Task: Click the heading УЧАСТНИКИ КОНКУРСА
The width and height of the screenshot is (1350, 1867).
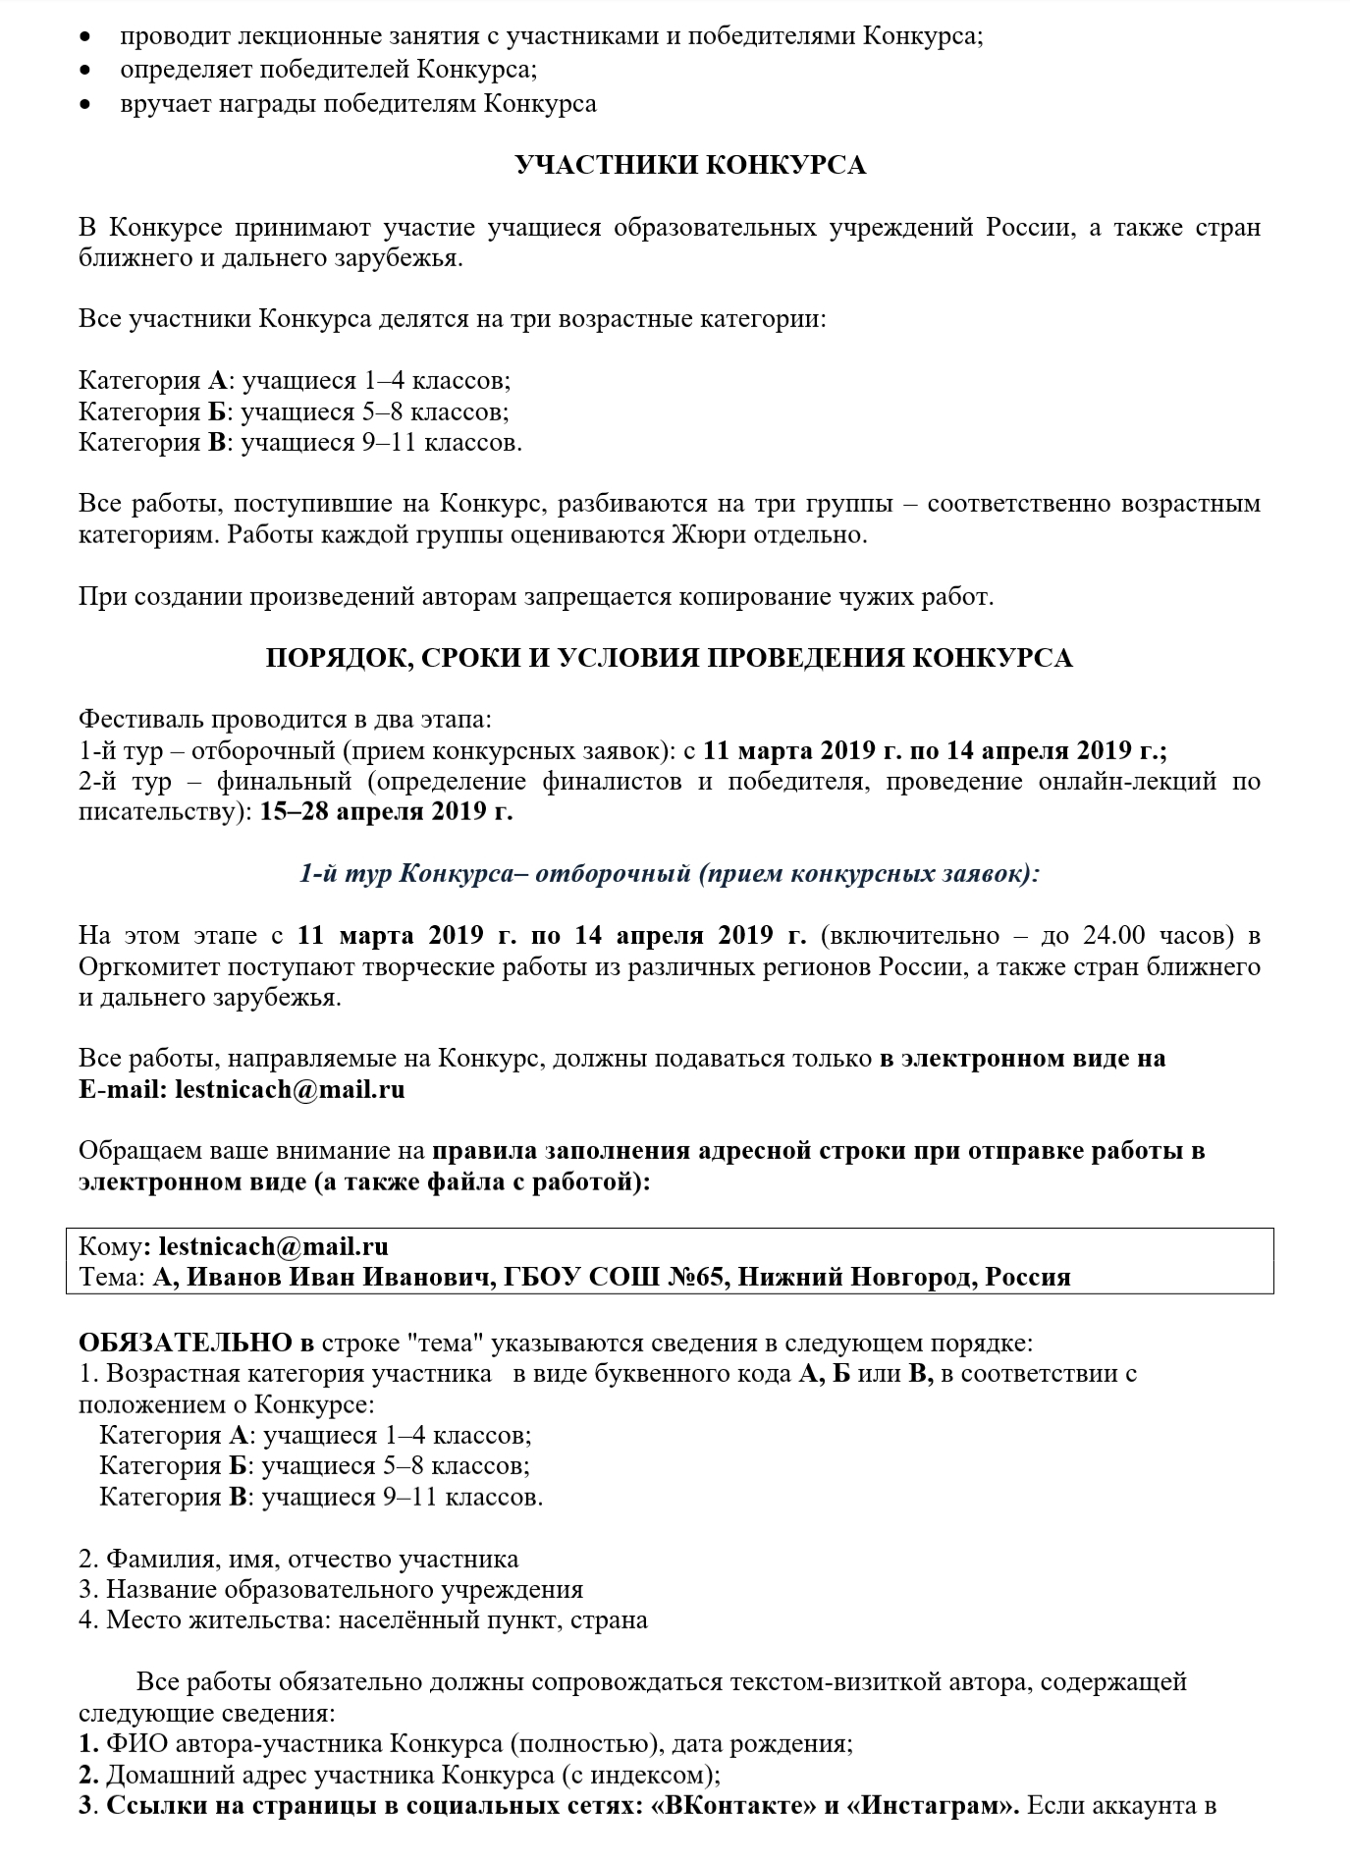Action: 690,165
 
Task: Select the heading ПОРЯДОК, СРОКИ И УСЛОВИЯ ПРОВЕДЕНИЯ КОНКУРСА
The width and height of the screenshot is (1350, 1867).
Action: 669,658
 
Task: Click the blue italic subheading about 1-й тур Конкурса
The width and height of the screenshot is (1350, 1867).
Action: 669,873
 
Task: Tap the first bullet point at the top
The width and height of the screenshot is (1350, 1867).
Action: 87,38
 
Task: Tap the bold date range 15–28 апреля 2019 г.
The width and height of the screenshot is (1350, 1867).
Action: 386,812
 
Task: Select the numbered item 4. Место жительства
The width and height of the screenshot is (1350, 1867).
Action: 362,1620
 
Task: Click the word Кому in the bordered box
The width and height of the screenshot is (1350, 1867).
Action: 110,1246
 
